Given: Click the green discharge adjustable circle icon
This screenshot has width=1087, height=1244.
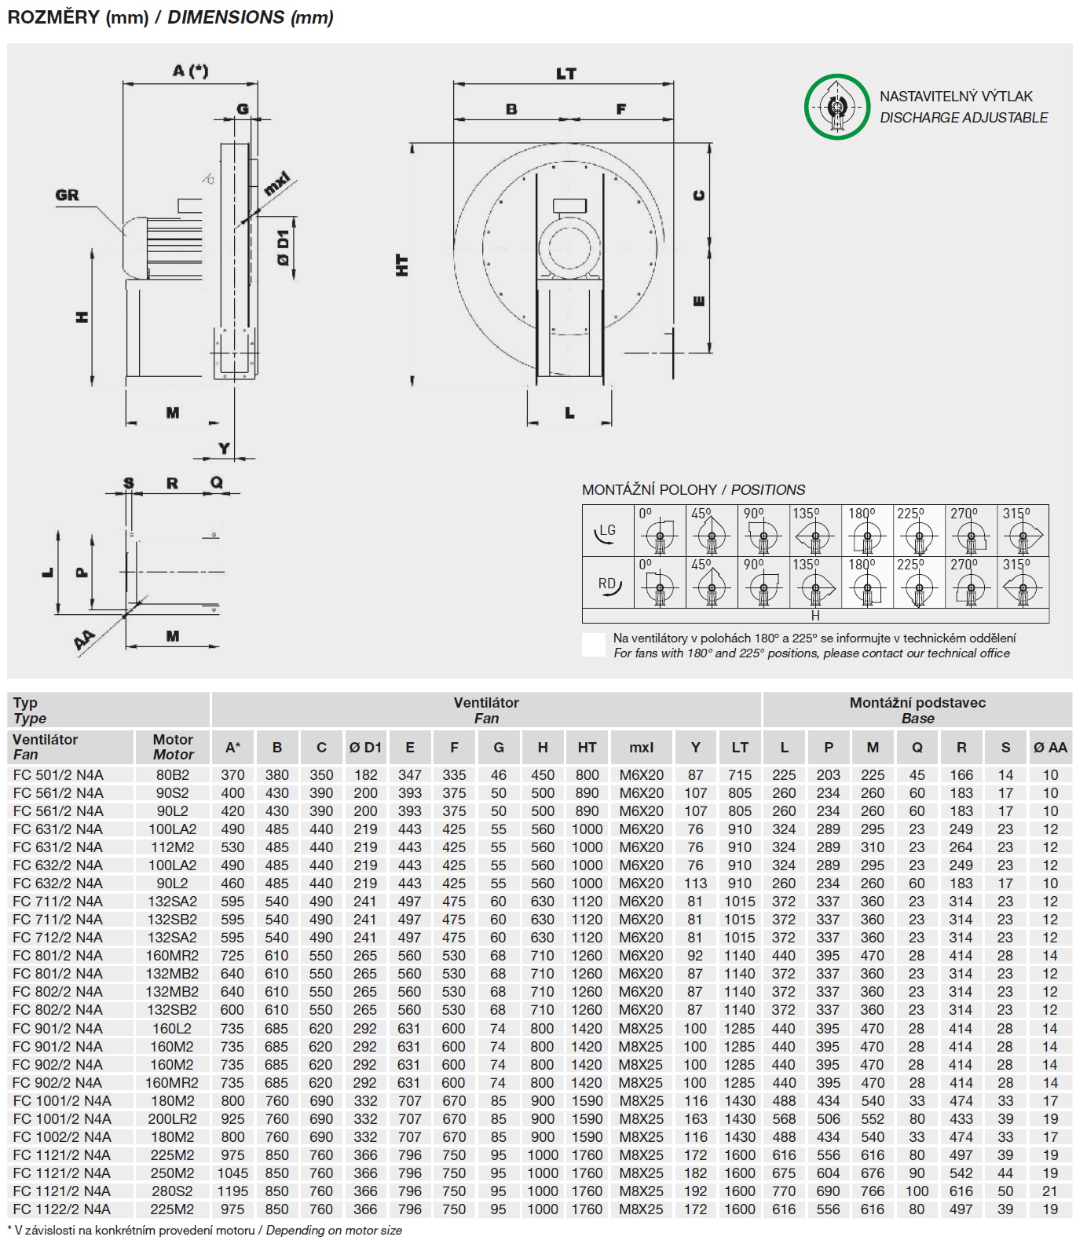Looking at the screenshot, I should coord(837,107).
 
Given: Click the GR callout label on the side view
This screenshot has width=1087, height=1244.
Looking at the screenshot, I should coord(68,196).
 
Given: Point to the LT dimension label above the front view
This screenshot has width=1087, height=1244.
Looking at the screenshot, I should coord(566,74).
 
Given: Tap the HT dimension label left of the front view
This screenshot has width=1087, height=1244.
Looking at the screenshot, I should coord(403,265).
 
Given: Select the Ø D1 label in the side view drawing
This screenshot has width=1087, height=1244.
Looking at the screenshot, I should coord(284,247).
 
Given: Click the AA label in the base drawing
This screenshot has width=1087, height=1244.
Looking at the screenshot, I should coord(85,641).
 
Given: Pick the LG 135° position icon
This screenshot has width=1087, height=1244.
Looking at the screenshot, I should coord(814,532).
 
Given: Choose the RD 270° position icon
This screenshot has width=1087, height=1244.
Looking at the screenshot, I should coord(971,583).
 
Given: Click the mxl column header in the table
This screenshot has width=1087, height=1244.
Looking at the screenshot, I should coord(641,748).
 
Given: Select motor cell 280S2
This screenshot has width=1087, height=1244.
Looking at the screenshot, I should coord(173,1191).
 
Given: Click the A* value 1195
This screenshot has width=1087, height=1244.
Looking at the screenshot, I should coord(232,1191).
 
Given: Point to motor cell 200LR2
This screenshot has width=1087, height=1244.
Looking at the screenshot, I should coord(173,1119).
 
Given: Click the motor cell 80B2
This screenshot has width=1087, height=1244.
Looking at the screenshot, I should coord(173,775).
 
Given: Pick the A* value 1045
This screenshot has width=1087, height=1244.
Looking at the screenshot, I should coord(232,1173).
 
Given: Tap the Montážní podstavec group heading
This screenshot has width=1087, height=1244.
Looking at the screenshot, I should coord(917,703).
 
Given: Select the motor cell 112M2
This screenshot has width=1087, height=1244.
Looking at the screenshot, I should coord(173,847).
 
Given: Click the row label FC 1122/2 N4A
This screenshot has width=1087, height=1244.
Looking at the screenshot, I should coord(62,1209).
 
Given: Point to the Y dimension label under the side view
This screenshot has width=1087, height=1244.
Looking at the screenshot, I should coord(225,448).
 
